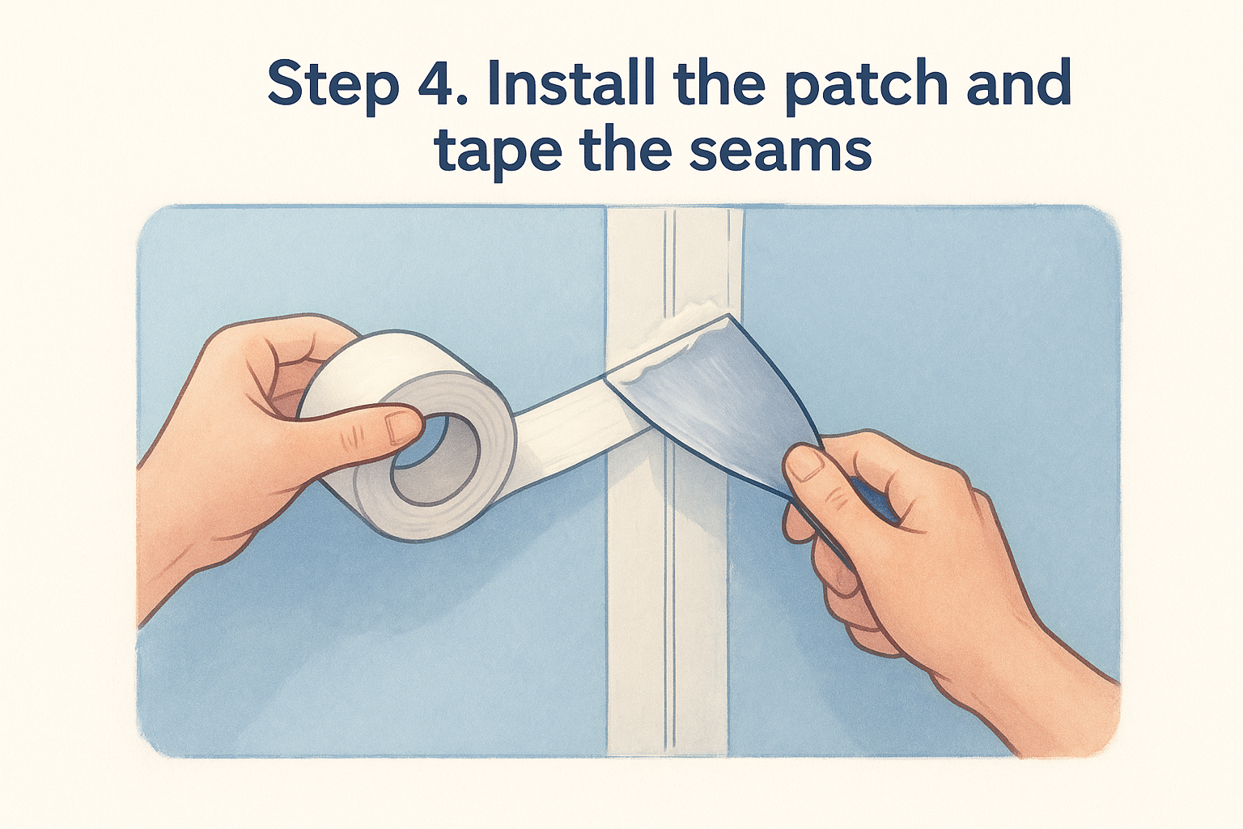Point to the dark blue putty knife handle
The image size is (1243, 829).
868,500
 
